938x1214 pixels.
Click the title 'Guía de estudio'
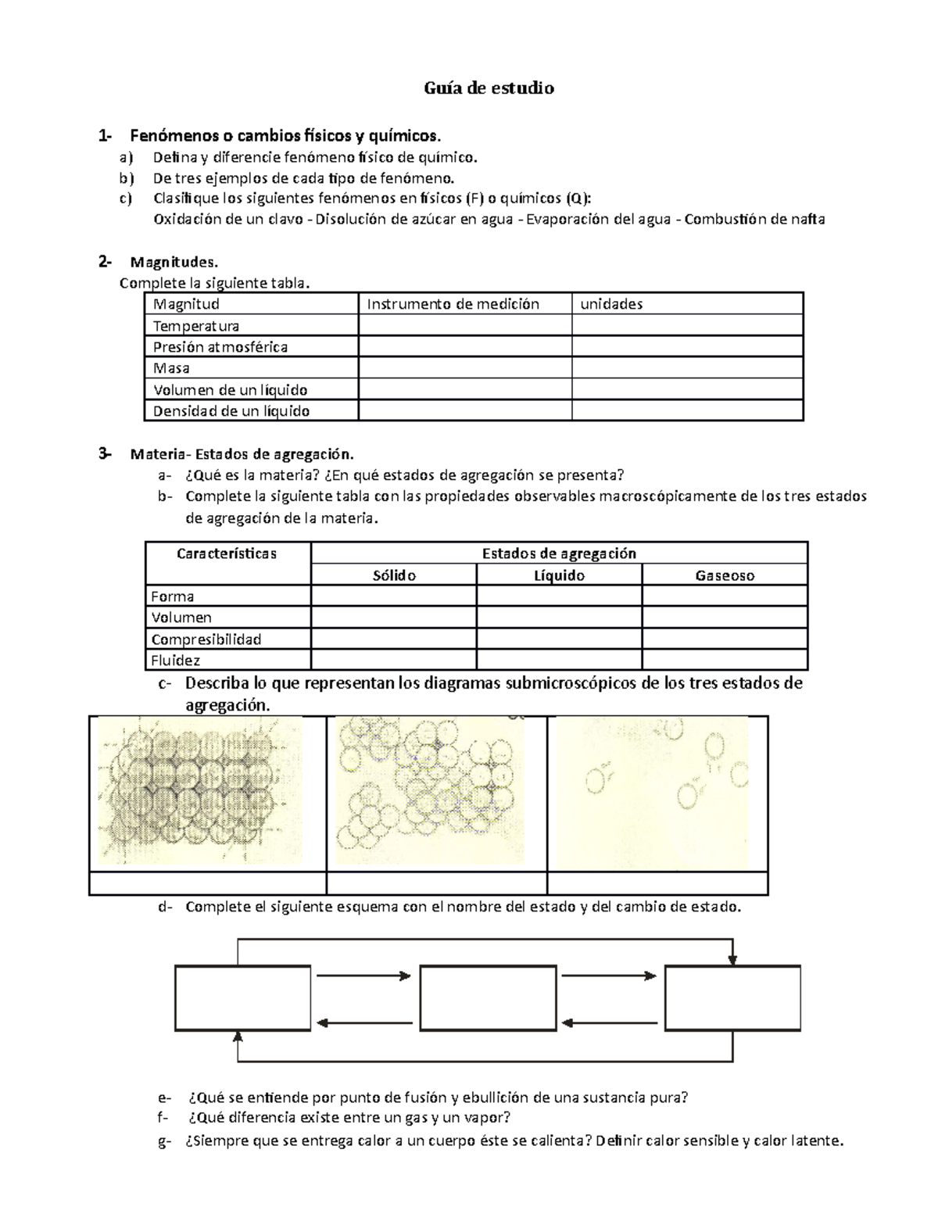[x=489, y=88]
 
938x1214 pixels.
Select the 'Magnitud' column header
[x=186, y=304]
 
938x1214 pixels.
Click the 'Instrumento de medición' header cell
[x=453, y=304]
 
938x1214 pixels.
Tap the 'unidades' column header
[x=611, y=304]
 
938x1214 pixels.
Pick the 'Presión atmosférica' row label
[x=220, y=347]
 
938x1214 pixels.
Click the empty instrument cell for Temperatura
[x=465, y=326]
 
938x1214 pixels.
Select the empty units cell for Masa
[x=687, y=368]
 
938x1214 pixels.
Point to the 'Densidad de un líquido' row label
[x=231, y=411]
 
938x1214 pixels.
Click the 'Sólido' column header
[x=394, y=575]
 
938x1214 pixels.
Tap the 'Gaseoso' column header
[x=725, y=575]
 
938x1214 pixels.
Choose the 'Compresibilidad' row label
[x=206, y=639]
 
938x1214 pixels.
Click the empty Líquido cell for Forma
[x=559, y=596]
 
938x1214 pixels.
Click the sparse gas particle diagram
[x=649, y=791]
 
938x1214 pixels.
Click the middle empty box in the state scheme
[x=489, y=998]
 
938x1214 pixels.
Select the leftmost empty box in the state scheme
[x=243, y=998]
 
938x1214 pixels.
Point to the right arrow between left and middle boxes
[x=363, y=976]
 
